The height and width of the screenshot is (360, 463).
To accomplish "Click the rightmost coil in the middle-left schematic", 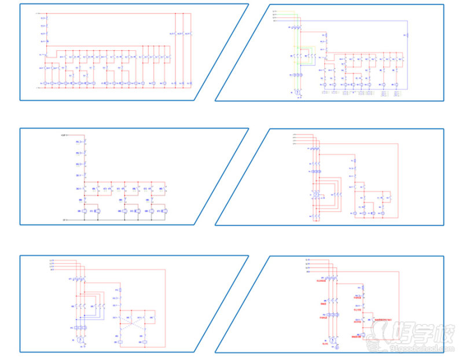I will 166,212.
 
